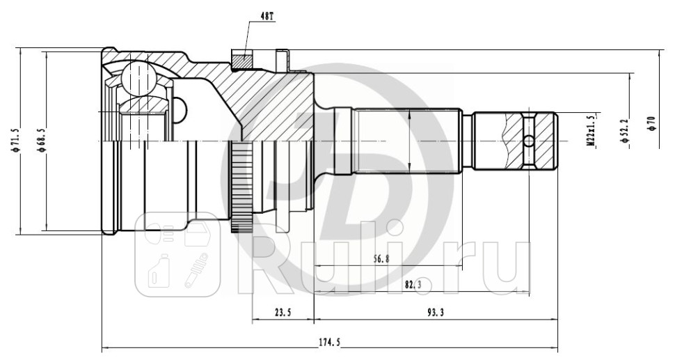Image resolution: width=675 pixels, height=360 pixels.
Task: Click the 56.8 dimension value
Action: (x=380, y=258)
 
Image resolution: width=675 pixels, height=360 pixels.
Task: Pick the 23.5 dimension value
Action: (x=282, y=313)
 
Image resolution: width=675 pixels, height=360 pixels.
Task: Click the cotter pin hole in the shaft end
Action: (x=529, y=141)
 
